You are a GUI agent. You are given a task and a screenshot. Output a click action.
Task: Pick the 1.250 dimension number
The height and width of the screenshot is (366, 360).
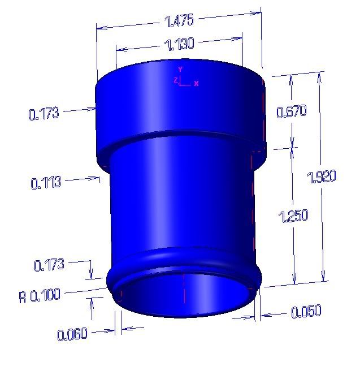(293, 216)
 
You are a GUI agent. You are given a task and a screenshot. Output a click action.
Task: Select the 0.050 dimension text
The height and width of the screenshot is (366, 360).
(306, 311)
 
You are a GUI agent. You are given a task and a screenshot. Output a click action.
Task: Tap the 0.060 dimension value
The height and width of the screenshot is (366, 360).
(72, 334)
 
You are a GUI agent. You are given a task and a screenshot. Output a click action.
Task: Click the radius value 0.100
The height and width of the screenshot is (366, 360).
(46, 295)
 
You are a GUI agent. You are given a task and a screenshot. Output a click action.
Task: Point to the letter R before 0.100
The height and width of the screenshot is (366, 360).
(23, 296)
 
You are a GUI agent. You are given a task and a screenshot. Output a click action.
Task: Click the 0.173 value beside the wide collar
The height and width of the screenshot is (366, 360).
(44, 114)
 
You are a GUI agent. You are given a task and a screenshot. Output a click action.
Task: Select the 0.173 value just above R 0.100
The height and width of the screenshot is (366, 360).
(50, 264)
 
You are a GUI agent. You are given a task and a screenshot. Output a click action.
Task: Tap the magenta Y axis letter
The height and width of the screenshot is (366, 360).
(180, 70)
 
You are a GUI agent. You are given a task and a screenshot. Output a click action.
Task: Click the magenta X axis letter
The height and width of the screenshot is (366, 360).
(196, 84)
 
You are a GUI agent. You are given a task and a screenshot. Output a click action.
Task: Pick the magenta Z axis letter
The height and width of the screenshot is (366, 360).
(176, 80)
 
